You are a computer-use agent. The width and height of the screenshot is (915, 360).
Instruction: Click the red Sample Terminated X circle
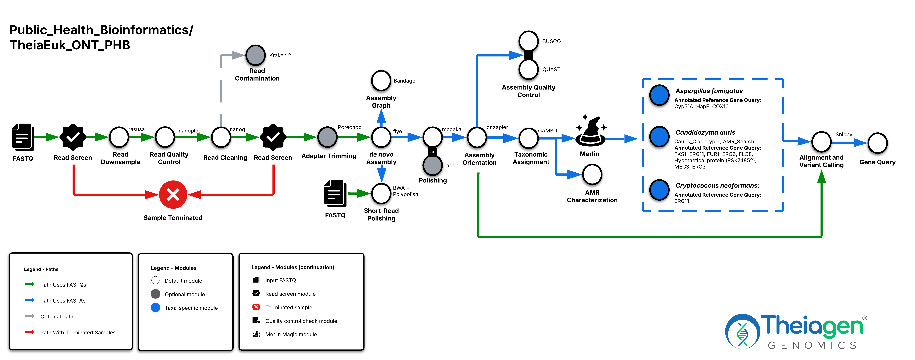click(173, 195)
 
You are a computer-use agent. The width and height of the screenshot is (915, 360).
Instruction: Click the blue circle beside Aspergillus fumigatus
click(659, 95)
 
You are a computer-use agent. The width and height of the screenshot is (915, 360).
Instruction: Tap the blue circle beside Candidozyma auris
click(659, 136)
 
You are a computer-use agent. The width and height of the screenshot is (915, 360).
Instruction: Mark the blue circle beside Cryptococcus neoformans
click(659, 190)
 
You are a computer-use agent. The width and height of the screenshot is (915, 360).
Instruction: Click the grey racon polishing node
click(432, 165)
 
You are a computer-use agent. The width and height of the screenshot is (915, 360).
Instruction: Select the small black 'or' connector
click(432, 152)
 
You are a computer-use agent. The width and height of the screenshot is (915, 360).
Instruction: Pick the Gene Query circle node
click(877, 143)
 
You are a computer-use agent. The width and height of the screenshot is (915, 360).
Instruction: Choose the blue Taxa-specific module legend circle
click(155, 308)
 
